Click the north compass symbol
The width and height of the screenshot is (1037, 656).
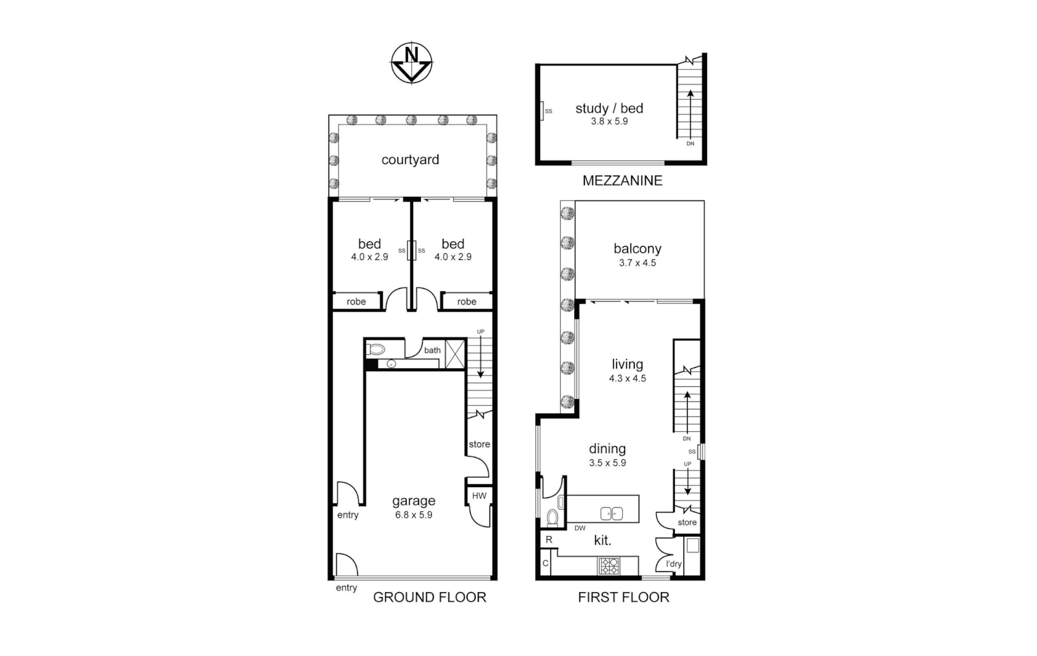[411, 63]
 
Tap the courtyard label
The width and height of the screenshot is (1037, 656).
[410, 160]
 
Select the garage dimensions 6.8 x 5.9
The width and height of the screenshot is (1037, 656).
[414, 514]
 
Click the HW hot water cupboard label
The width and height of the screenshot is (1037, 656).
[479, 496]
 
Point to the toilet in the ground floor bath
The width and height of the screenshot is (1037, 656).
[377, 350]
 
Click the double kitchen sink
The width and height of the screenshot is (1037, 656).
[611, 514]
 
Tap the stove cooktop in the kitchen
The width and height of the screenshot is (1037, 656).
[609, 566]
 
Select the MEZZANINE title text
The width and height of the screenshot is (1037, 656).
[622, 180]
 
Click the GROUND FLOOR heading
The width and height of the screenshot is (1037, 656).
[430, 597]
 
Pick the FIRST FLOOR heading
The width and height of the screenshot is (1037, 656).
[623, 597]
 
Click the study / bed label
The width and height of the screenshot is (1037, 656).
[609, 108]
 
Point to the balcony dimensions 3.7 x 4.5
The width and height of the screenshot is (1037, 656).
[637, 263]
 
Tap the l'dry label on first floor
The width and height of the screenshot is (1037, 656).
[674, 564]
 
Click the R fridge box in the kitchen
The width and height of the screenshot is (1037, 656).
[549, 539]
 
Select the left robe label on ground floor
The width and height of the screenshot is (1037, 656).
[357, 301]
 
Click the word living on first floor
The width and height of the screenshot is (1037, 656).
[628, 364]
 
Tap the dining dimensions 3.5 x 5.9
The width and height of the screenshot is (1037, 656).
[607, 463]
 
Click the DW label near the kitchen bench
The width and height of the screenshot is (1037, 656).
[580, 528]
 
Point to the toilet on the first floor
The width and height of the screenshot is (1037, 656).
[553, 518]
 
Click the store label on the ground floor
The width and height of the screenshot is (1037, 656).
[479, 444]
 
